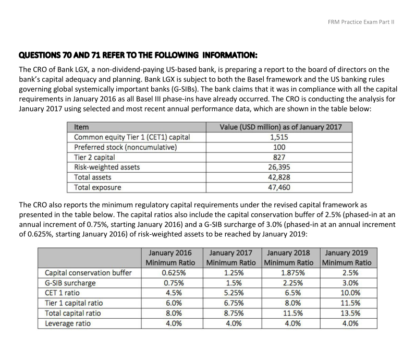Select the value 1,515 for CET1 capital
click(x=282, y=137)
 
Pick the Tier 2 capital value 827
click(x=282, y=157)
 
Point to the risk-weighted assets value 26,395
click(x=282, y=167)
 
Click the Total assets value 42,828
click(x=282, y=177)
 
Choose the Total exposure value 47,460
click(x=282, y=187)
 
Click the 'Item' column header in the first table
click(x=82, y=127)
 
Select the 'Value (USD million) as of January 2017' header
click(x=282, y=127)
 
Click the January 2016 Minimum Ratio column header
click(x=170, y=258)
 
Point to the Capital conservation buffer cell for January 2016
click(x=170, y=273)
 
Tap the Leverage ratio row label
click(x=68, y=323)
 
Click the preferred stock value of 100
click(x=282, y=147)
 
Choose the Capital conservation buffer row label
click(x=88, y=273)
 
